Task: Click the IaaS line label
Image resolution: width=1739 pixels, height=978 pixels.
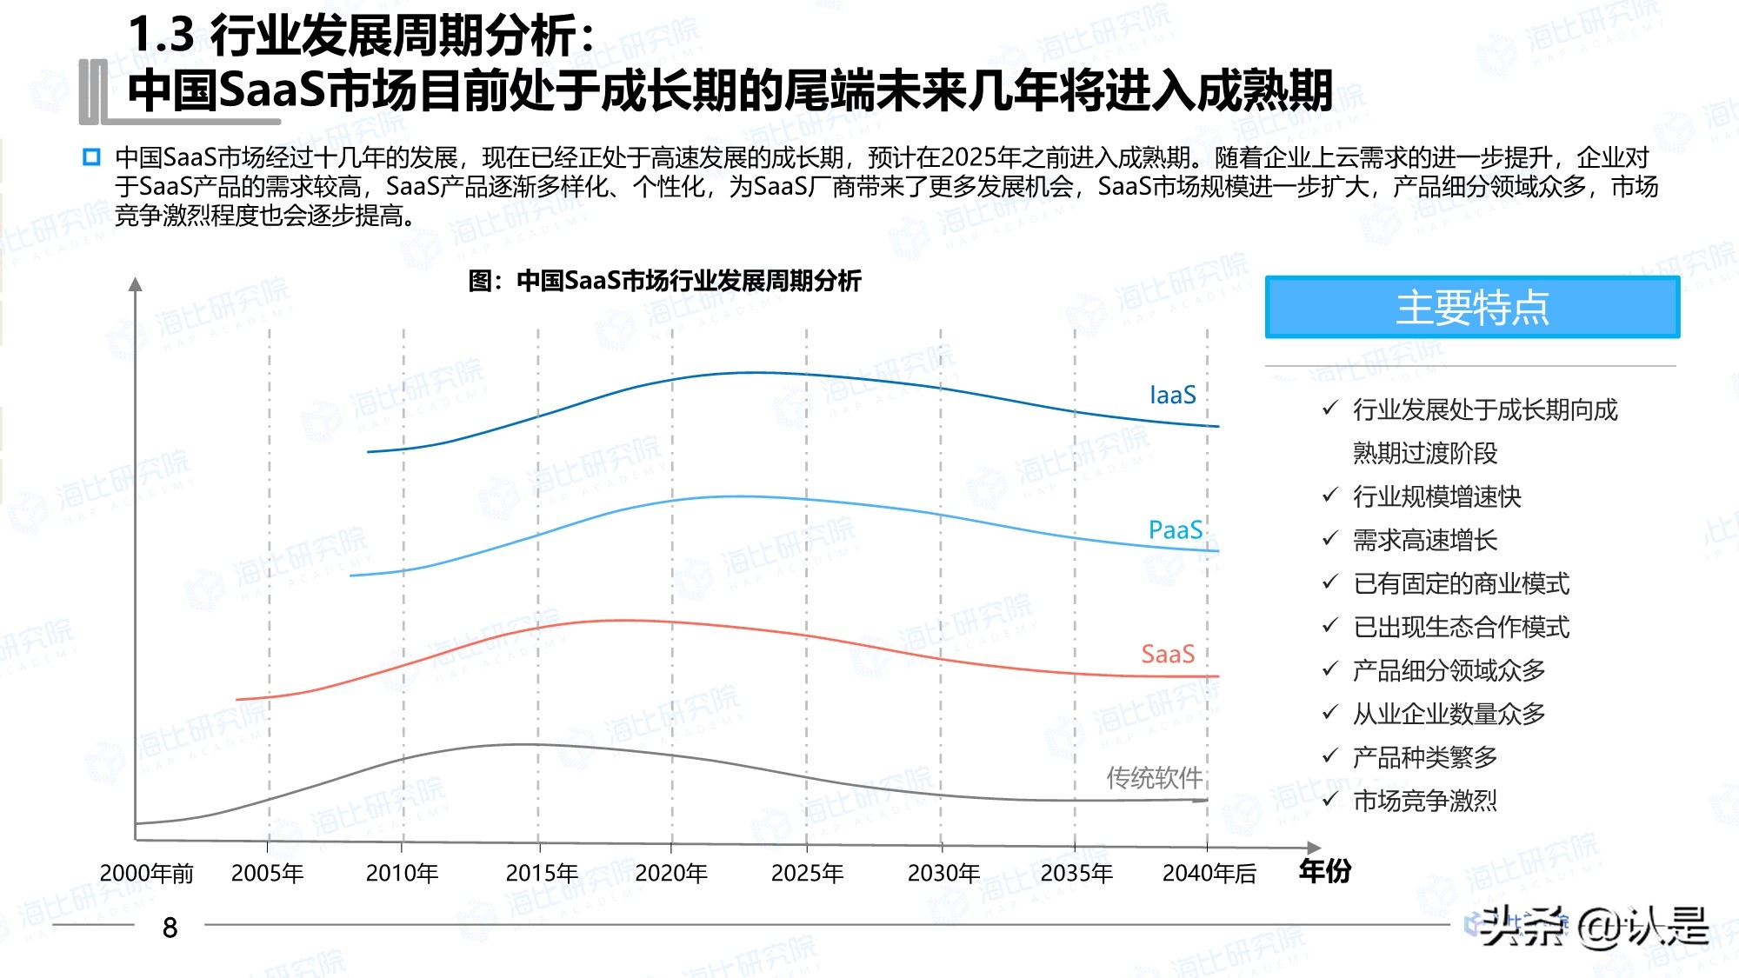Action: pyautogui.click(x=1172, y=396)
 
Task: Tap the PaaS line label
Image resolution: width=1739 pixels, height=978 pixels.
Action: pyautogui.click(x=1175, y=530)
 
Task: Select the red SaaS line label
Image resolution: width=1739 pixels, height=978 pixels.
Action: pyautogui.click(x=1167, y=654)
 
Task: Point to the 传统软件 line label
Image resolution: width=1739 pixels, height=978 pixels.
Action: pyautogui.click(x=1153, y=777)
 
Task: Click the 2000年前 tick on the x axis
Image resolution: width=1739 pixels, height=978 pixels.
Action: pyautogui.click(x=146, y=873)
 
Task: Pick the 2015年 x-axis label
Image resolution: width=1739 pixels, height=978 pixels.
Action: pyautogui.click(x=541, y=873)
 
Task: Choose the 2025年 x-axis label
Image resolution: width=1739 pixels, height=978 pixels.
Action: pyautogui.click(x=807, y=873)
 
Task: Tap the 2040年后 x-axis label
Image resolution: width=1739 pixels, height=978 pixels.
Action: pyautogui.click(x=1209, y=873)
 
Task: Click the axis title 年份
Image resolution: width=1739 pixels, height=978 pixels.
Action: pyautogui.click(x=1324, y=870)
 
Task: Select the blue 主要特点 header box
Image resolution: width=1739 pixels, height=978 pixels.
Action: pyautogui.click(x=1471, y=308)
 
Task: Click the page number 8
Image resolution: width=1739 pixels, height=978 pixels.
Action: pyautogui.click(x=170, y=928)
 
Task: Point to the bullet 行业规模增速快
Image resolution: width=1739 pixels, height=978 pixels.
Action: pyautogui.click(x=1436, y=496)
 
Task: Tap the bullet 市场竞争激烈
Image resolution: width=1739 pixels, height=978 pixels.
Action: pyautogui.click(x=1424, y=801)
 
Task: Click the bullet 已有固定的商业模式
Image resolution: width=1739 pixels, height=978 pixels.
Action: pyautogui.click(x=1461, y=583)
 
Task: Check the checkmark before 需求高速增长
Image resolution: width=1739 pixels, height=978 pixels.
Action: pyautogui.click(x=1329, y=539)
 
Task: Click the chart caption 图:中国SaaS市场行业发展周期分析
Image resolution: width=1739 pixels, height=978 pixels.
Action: pyautogui.click(x=664, y=281)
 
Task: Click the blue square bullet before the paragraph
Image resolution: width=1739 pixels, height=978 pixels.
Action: pyautogui.click(x=91, y=157)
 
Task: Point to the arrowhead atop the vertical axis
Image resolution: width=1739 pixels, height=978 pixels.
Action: pyautogui.click(x=135, y=283)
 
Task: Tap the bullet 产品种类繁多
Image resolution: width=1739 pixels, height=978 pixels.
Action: pyautogui.click(x=1424, y=757)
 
